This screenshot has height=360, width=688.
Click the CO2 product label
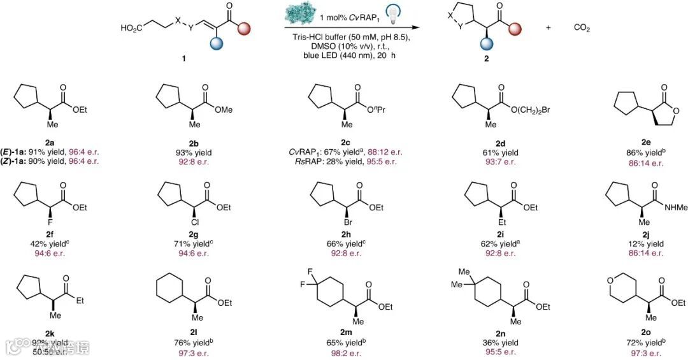coord(582,28)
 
